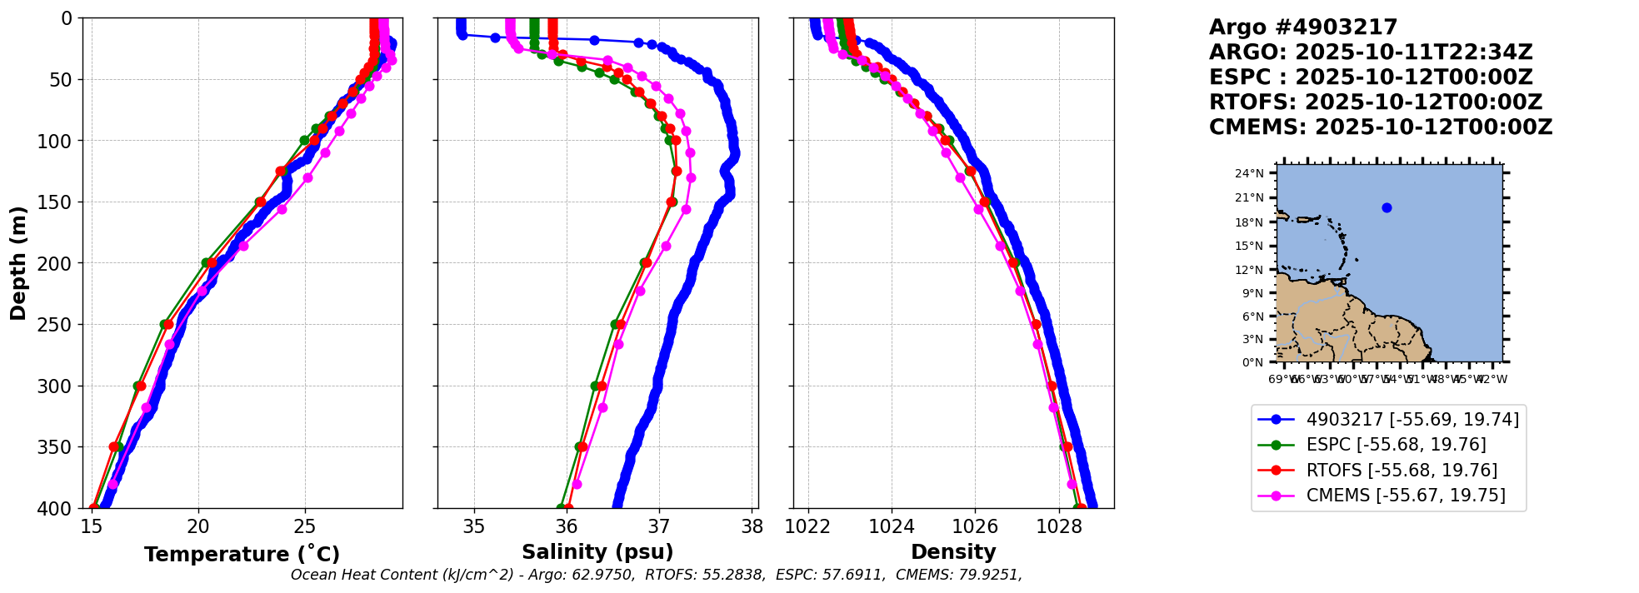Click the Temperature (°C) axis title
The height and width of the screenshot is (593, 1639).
(242, 555)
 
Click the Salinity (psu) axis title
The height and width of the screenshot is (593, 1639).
(597, 552)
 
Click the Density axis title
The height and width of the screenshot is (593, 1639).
(953, 552)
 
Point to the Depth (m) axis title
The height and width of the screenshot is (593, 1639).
(18, 263)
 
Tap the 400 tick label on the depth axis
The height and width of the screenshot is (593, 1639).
(57, 508)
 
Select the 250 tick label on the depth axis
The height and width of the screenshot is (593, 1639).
(57, 325)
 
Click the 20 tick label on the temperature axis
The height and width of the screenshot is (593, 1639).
(198, 526)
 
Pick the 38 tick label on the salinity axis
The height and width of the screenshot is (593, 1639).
(752, 526)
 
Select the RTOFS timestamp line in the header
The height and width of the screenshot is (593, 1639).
(1376, 102)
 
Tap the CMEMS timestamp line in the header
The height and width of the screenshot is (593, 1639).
(1381, 127)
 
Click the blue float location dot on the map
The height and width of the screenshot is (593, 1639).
(1387, 207)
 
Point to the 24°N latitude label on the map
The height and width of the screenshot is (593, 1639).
(1249, 174)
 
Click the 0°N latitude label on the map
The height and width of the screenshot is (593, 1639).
(1252, 362)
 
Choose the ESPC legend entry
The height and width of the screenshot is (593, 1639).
(1396, 445)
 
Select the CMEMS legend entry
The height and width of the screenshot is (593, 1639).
(1406, 496)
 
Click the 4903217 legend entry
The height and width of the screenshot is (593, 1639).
(1412, 420)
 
